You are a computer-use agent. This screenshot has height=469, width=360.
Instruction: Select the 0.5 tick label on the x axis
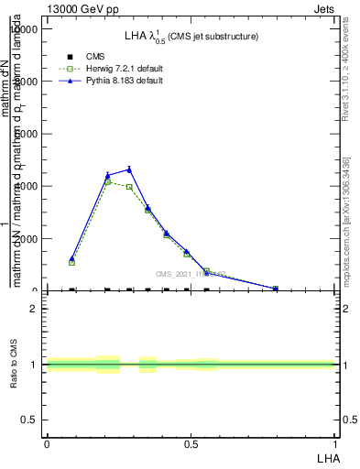191,444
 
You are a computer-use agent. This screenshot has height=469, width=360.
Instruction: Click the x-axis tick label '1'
335,444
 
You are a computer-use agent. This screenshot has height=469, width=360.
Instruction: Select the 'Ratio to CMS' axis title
13,365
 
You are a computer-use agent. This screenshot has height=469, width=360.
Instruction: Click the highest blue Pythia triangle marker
129,169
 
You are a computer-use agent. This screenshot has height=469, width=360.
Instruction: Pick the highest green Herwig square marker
108,182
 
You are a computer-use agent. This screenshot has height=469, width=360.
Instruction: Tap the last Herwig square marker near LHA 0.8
276,289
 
